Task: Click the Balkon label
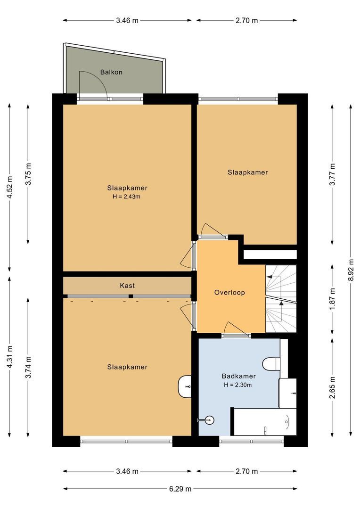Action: coord(111,72)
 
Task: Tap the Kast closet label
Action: coord(127,286)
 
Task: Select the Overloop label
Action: coord(229,292)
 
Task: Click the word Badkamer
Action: coord(238,376)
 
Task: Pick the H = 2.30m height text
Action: coord(238,385)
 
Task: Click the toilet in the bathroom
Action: coord(271,363)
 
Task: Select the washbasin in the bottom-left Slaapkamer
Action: coord(185,386)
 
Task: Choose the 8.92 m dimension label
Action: coord(350,271)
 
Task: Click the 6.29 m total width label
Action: coord(180,489)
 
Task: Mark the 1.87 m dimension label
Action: coord(333,299)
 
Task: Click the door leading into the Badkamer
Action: coord(236,328)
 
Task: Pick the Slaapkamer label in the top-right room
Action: coord(247,172)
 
